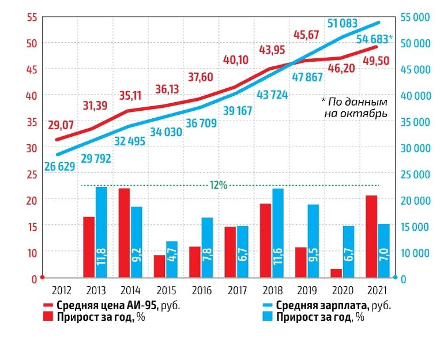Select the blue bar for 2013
pyautogui.click(x=101, y=232)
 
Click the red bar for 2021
pyautogui.click(x=371, y=237)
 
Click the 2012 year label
pyautogui.click(x=62, y=290)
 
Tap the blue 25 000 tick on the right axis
pyautogui.click(x=414, y=174)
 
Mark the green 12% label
pyautogui.click(x=218, y=185)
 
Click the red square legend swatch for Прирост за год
pyautogui.click(x=48, y=316)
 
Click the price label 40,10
pyautogui.click(x=238, y=59)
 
